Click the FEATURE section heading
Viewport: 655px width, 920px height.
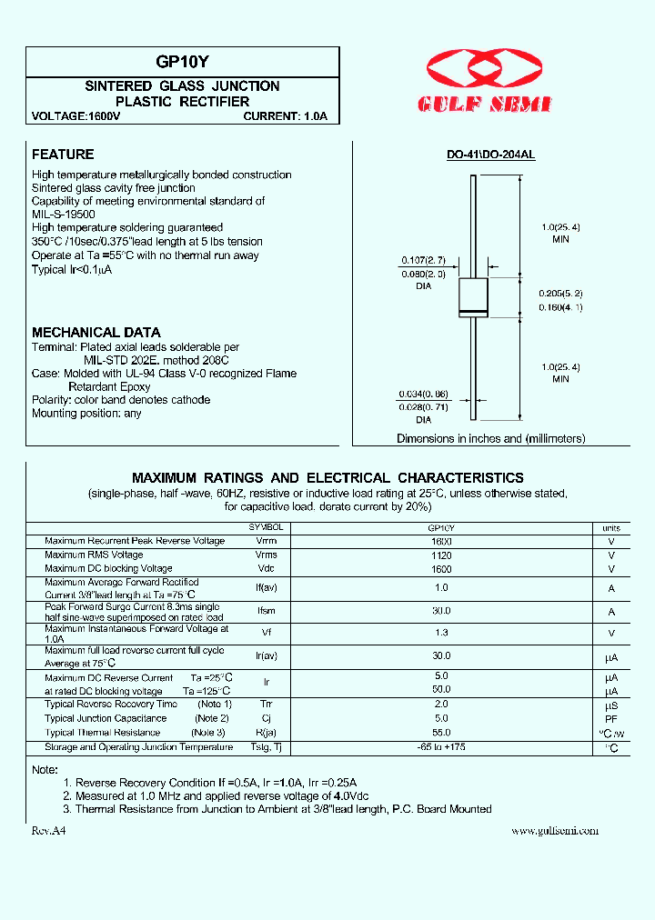(x=63, y=155)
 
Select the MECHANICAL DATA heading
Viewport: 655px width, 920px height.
(x=96, y=332)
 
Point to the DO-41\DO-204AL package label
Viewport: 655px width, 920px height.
(x=490, y=155)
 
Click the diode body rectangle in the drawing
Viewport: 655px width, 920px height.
(x=473, y=298)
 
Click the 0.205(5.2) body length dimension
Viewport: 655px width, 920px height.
(x=560, y=293)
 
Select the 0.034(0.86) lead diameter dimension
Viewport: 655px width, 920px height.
(x=422, y=394)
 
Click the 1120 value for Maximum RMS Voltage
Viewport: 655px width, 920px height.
(x=441, y=555)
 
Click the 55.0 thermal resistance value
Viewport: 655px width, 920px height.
(x=441, y=732)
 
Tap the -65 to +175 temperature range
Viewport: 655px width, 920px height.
(x=441, y=747)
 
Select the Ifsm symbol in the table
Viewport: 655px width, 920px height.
(x=266, y=612)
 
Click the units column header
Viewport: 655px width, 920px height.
(x=611, y=527)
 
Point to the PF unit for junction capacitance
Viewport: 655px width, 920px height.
(x=611, y=718)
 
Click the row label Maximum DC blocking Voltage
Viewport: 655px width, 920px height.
(x=108, y=568)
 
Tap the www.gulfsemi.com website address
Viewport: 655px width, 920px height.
(x=555, y=831)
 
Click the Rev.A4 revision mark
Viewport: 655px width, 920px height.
(x=49, y=831)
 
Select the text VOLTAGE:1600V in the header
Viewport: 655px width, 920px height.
(x=76, y=116)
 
